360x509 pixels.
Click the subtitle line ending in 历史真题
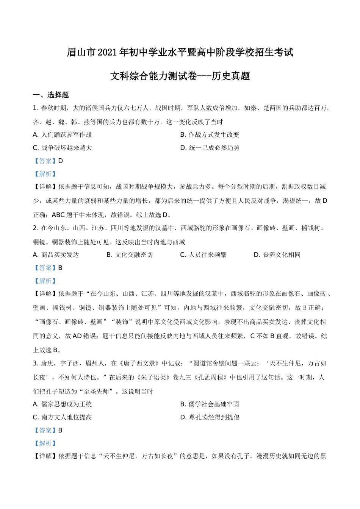point(180,76)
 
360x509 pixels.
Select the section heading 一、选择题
point(51,95)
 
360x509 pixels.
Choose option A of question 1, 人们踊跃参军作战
point(63,135)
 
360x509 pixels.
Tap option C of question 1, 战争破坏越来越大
point(63,148)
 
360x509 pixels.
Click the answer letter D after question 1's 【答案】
point(61,161)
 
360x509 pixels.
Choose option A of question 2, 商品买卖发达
point(56,255)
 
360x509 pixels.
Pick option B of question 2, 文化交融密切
point(130,255)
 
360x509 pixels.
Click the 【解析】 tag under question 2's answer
point(45,281)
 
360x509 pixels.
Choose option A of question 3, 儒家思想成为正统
point(63,404)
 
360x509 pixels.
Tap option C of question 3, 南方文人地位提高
point(63,417)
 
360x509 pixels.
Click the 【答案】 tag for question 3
point(45,431)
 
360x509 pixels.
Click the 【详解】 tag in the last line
point(45,456)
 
